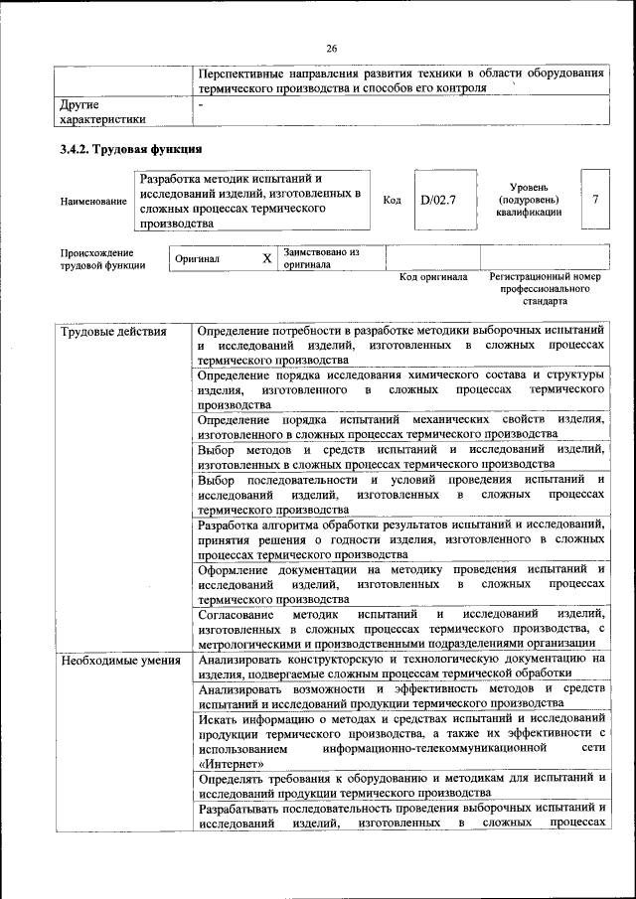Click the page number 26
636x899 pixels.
click(x=331, y=47)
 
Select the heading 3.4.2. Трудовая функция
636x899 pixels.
click(x=131, y=150)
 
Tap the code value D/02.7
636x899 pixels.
click(x=437, y=200)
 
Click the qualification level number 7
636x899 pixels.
click(x=595, y=200)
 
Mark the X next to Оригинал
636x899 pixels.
click(x=266, y=258)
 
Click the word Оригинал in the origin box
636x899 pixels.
click(x=197, y=259)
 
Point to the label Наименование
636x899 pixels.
click(x=93, y=202)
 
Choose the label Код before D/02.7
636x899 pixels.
click(x=392, y=200)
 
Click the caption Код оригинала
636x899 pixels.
click(x=432, y=277)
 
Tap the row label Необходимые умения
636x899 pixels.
click(x=118, y=661)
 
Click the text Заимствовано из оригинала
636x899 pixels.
click(x=320, y=258)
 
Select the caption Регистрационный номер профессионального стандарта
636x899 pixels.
click(x=547, y=288)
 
